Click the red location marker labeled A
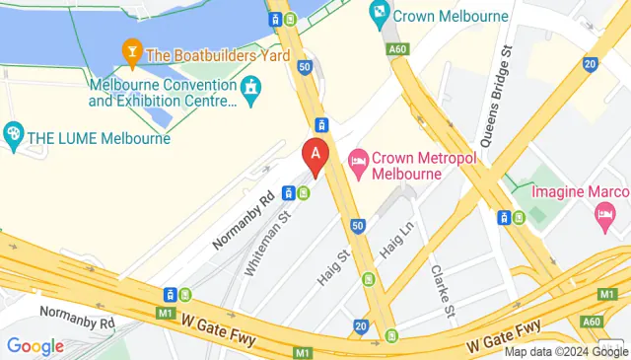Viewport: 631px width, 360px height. click(315, 157)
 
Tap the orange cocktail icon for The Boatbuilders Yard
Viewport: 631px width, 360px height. click(130, 50)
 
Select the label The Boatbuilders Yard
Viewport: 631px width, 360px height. click(218, 56)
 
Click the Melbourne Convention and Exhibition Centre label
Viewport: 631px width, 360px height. click(163, 93)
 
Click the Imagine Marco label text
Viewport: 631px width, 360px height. click(580, 189)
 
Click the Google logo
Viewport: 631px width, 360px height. click(35, 346)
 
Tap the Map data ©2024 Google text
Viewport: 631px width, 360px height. click(566, 351)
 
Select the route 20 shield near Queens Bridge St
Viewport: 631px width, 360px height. click(589, 63)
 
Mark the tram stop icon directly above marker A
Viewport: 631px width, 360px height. click(320, 124)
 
